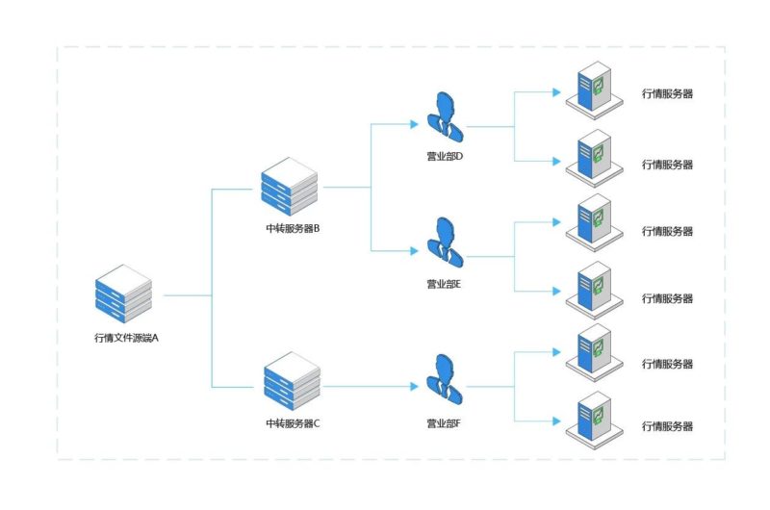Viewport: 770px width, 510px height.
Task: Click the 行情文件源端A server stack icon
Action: pyautogui.click(x=123, y=293)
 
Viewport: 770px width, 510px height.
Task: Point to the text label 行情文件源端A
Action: pyautogui.click(x=125, y=338)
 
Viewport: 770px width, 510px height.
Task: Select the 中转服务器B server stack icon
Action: pyautogui.click(x=289, y=188)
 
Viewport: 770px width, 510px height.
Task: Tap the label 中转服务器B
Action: pyautogui.click(x=292, y=229)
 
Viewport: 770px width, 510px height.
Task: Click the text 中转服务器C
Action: pyautogui.click(x=292, y=423)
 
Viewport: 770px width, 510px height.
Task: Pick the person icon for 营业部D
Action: pyautogui.click(x=445, y=117)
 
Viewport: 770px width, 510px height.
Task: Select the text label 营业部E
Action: pyautogui.click(x=446, y=285)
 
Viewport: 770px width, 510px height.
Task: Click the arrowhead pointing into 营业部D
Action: pyautogui.click(x=416, y=124)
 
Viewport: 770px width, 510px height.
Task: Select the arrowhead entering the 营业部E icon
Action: pyautogui.click(x=416, y=251)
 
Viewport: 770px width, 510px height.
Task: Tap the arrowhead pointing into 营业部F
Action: pyautogui.click(x=416, y=386)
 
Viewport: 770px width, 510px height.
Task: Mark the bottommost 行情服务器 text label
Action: pyautogui.click(x=667, y=426)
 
